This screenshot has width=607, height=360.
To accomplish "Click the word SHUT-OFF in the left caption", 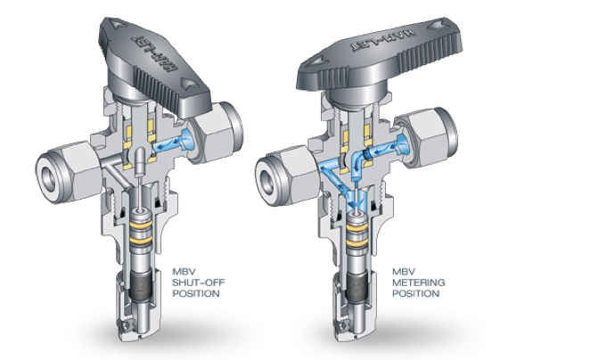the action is pyautogui.click(x=198, y=282).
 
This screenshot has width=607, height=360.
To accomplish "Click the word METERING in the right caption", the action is pyautogui.click(x=418, y=282).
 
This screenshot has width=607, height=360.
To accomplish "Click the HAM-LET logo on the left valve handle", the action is pyautogui.click(x=154, y=53).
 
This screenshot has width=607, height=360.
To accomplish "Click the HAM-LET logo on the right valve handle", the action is pyautogui.click(x=383, y=40).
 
